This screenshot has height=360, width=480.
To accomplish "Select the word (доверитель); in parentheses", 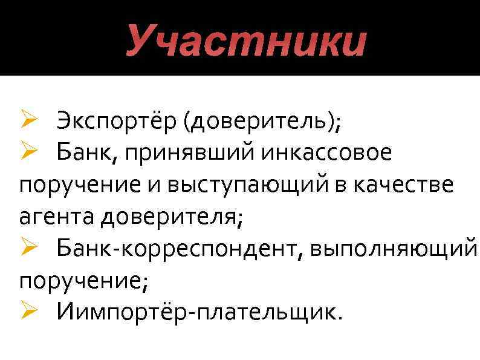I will tap(264, 122).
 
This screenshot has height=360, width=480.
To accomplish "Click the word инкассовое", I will tap(327, 154).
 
